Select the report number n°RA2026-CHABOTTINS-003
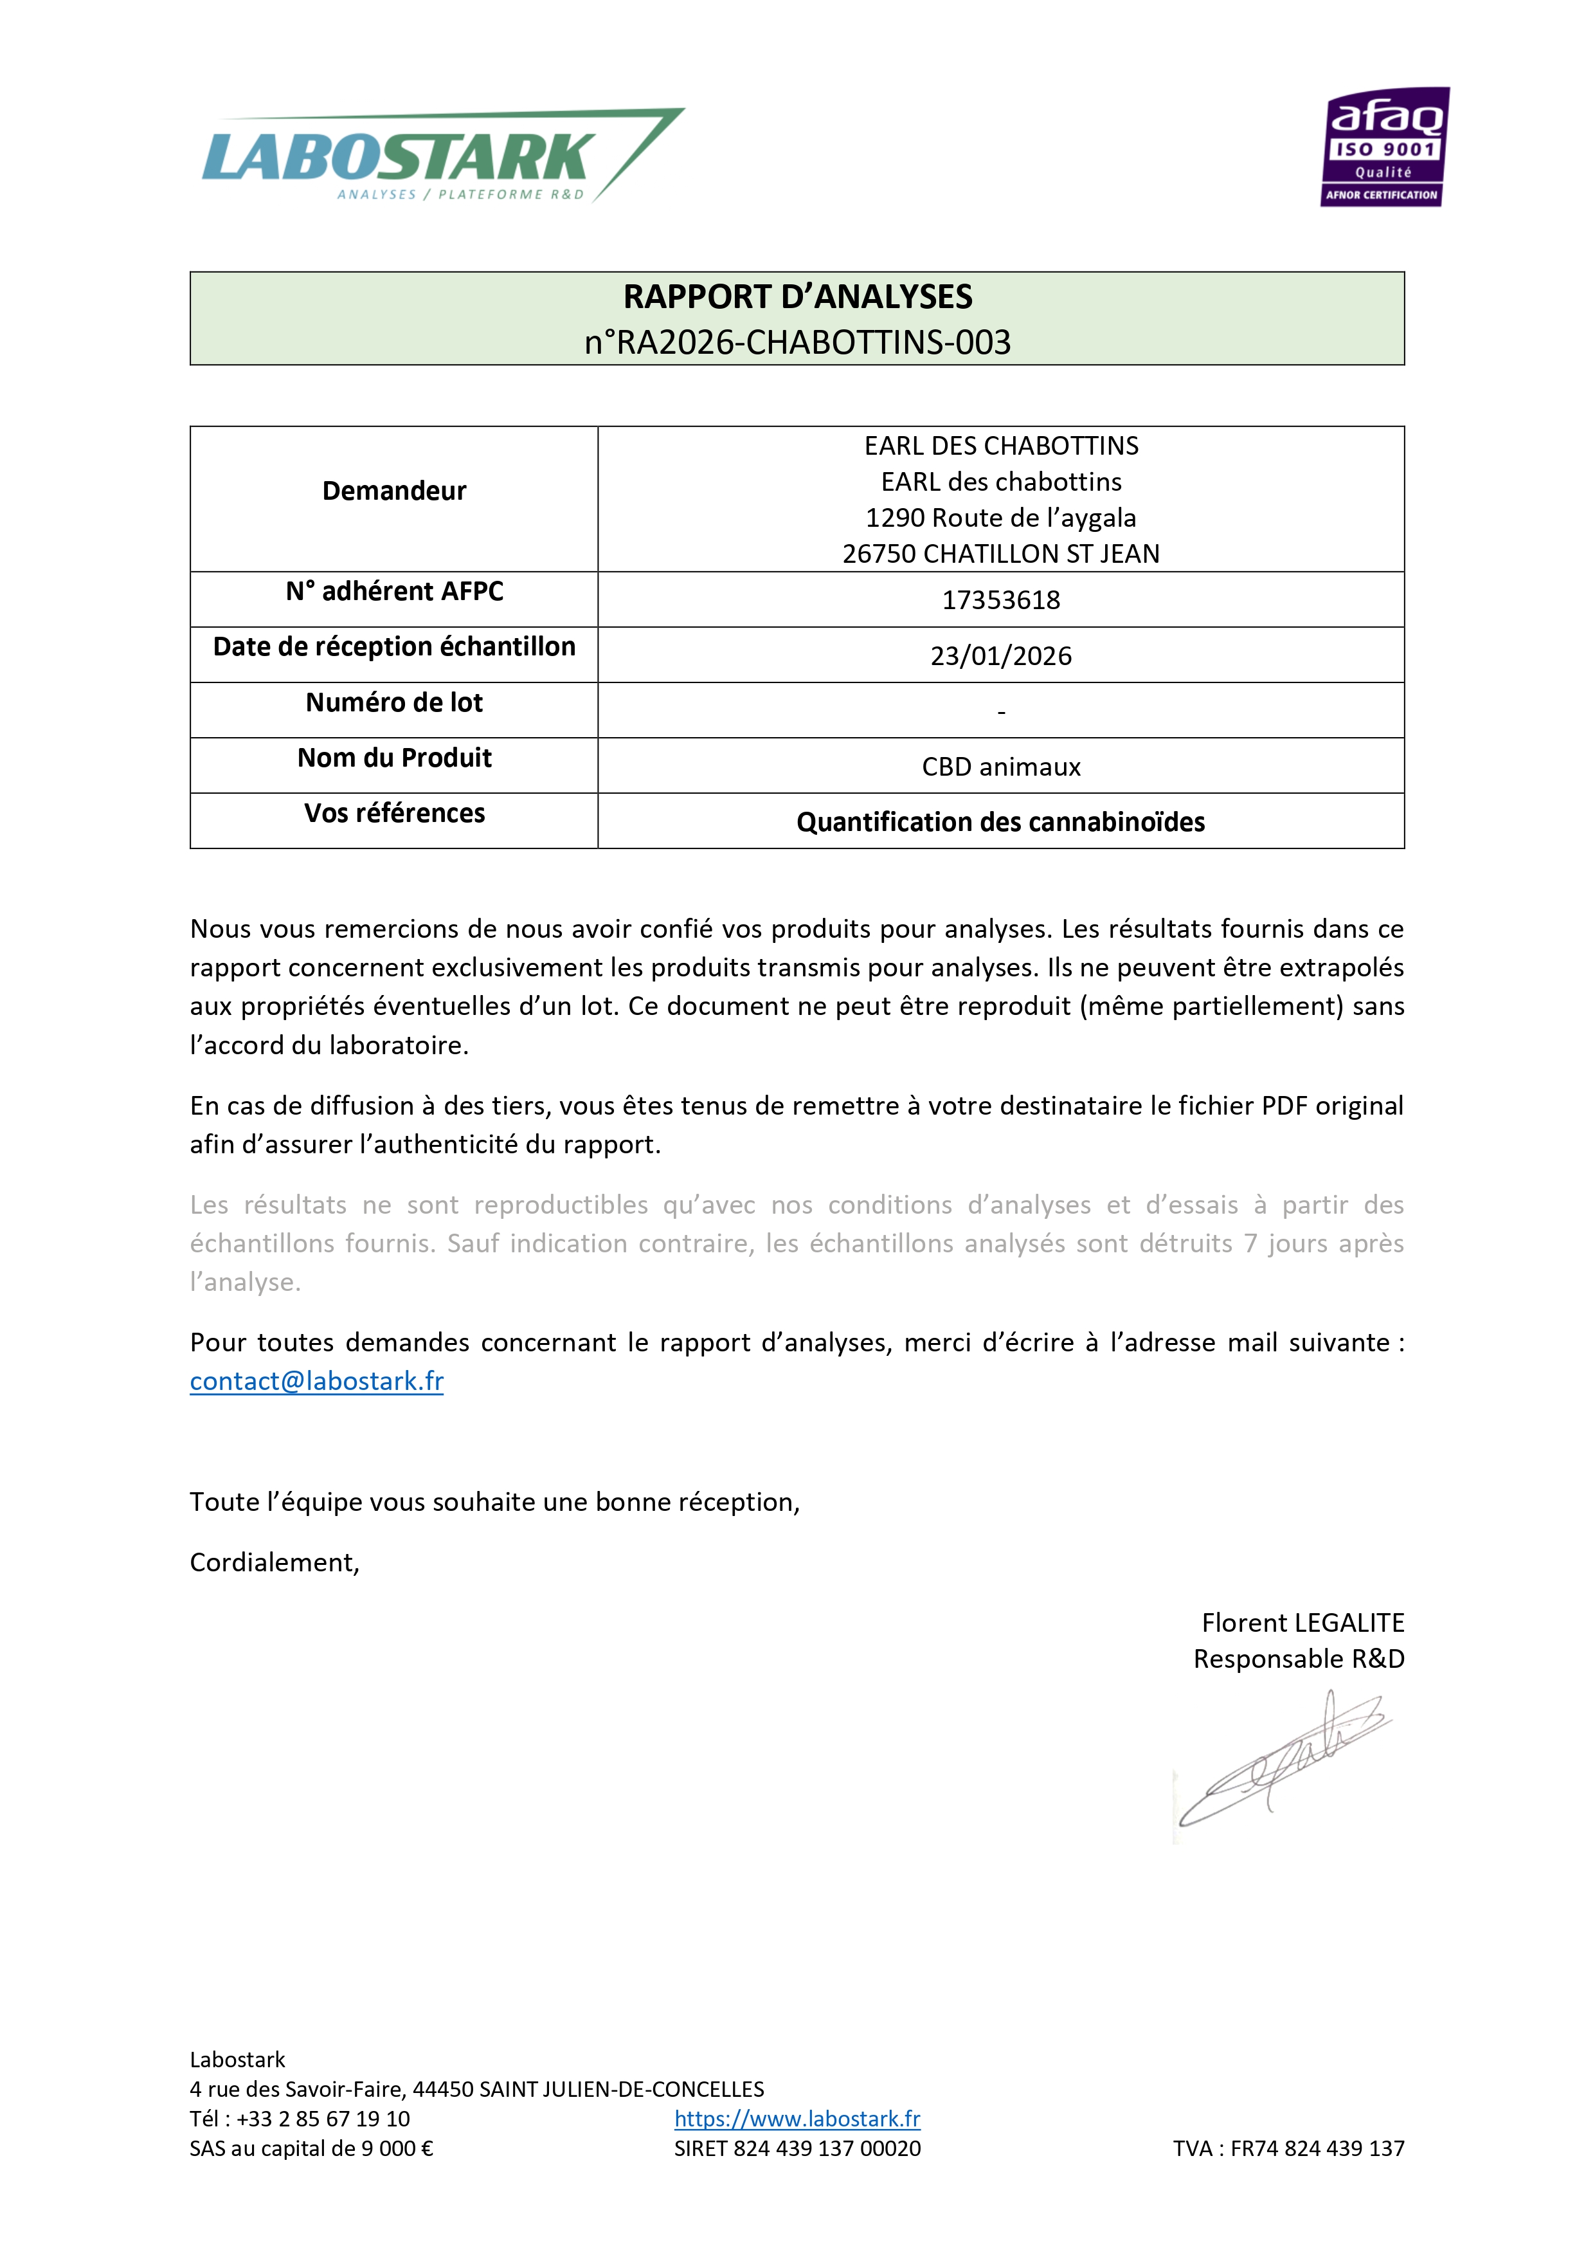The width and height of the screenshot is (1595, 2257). coord(797,342)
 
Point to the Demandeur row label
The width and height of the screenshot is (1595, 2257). coord(394,491)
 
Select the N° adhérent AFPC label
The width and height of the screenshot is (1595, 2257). coord(394,591)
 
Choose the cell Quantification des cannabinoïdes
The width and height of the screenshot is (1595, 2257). coord(1000,822)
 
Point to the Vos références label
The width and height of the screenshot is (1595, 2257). coord(394,813)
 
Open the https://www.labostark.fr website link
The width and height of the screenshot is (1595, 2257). coord(797,2119)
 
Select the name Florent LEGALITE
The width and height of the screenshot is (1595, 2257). coord(1302,1622)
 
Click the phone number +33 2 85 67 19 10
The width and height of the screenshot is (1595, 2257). coord(323,2119)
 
